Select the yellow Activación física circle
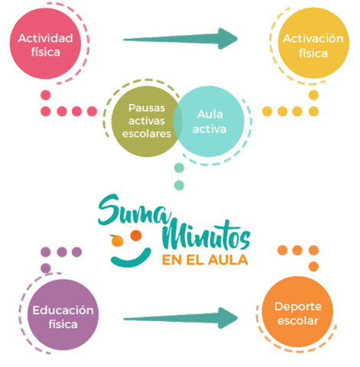click(x=313, y=46)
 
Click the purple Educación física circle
click(x=63, y=315)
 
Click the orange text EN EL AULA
click(x=204, y=259)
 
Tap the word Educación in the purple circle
click(x=63, y=310)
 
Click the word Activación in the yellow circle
click(x=314, y=39)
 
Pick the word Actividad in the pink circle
click(x=46, y=38)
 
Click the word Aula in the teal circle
click(x=209, y=114)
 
